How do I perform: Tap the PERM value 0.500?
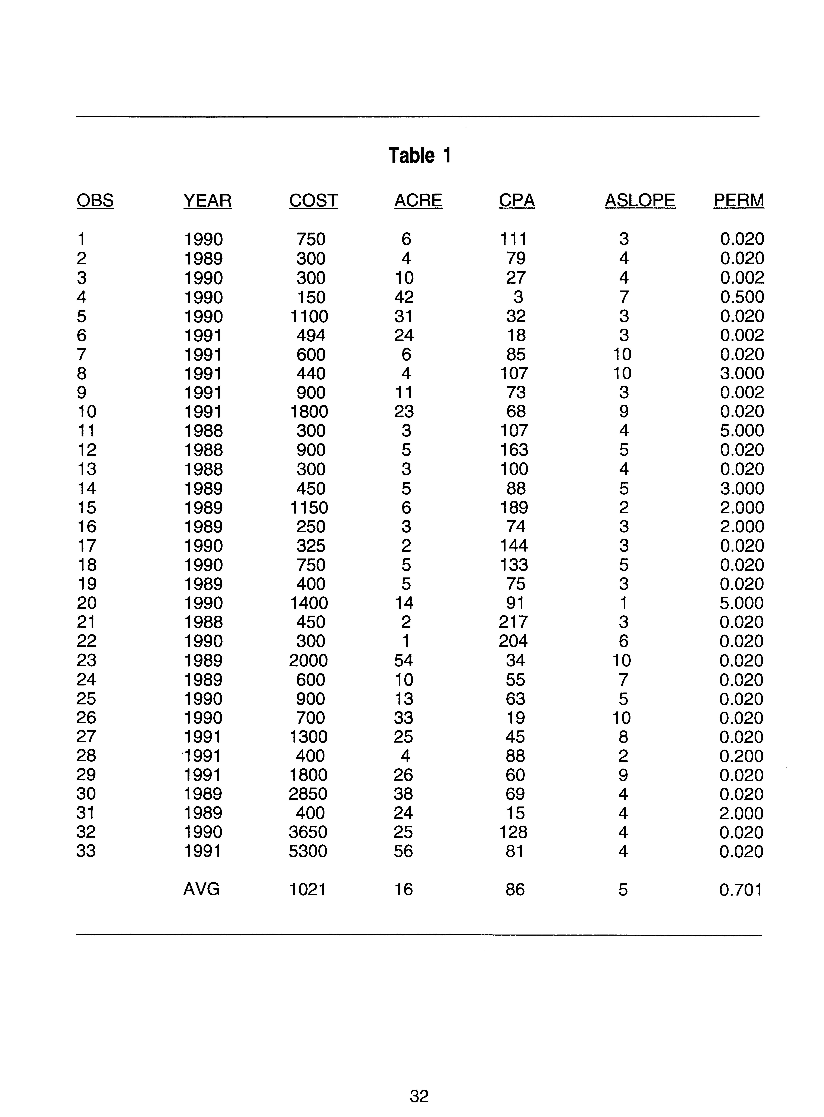tap(742, 297)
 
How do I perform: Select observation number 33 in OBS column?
tap(86, 851)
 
